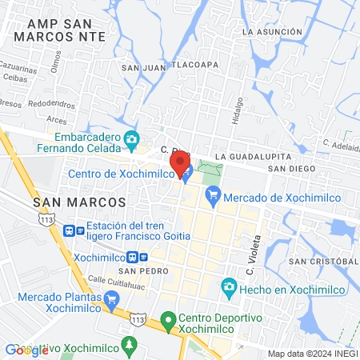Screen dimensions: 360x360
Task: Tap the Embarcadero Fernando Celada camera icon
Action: [x=131, y=141]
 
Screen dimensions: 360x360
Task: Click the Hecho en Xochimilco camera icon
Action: [x=228, y=286]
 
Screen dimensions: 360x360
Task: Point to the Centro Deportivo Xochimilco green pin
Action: [x=167, y=322]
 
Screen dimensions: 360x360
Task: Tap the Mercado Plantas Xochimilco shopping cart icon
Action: [x=111, y=300]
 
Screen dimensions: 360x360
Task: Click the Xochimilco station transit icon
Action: [x=142, y=258]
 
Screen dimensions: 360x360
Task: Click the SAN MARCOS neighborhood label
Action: [x=79, y=202]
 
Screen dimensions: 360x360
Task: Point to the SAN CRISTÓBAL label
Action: [x=322, y=262]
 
